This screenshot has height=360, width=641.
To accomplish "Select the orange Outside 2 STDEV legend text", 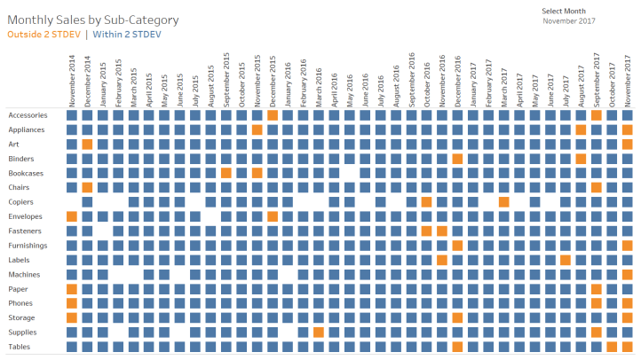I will tap(44, 35).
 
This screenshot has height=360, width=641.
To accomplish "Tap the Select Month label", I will tap(564, 11).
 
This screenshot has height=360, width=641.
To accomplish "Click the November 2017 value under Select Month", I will tap(568, 20).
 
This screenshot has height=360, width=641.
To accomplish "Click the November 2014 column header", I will tap(72, 80).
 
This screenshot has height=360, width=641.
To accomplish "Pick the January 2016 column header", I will tap(288, 82).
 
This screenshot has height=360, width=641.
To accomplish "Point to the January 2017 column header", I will tap(472, 82).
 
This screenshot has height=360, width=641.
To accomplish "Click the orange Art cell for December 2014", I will tap(87, 145).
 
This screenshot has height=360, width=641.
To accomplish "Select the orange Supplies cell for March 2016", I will tap(318, 333).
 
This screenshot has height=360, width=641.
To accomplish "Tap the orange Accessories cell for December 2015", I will tap(272, 115).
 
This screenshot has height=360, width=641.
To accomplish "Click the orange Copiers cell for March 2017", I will tap(503, 202).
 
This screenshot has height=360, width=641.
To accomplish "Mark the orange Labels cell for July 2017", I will tap(565, 260).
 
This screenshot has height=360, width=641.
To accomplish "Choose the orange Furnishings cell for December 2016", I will tap(457, 246).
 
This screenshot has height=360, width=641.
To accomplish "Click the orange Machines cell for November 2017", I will tap(627, 274).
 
